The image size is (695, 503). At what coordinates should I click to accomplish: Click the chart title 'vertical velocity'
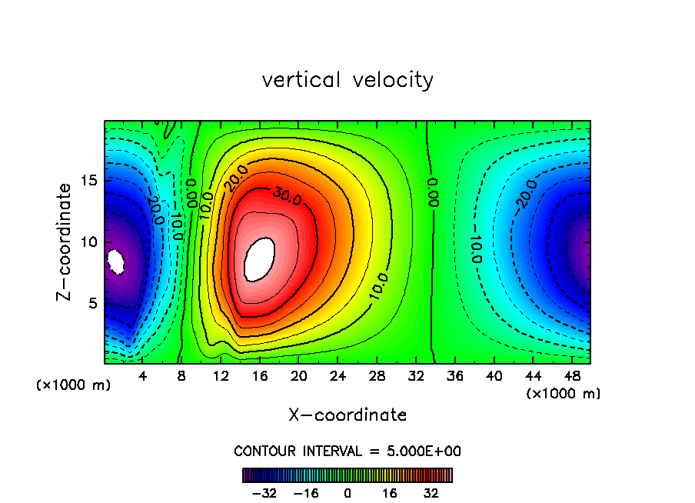(347, 80)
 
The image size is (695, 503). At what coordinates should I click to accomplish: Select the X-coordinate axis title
(347, 415)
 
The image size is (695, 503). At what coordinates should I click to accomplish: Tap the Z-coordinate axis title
(65, 242)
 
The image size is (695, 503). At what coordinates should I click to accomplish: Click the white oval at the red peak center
(259, 259)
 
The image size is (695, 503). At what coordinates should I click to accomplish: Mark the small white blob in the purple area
(116, 261)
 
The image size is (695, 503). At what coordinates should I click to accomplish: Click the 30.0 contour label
(286, 197)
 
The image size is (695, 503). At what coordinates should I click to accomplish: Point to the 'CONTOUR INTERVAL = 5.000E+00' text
(347, 451)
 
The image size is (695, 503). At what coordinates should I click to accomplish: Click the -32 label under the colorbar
(265, 492)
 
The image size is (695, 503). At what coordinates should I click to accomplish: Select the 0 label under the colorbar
(347, 492)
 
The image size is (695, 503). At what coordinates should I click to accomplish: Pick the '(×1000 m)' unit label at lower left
(74, 385)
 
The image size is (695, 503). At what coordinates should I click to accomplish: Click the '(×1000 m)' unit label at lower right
(564, 393)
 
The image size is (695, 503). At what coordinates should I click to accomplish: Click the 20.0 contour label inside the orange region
(236, 179)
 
